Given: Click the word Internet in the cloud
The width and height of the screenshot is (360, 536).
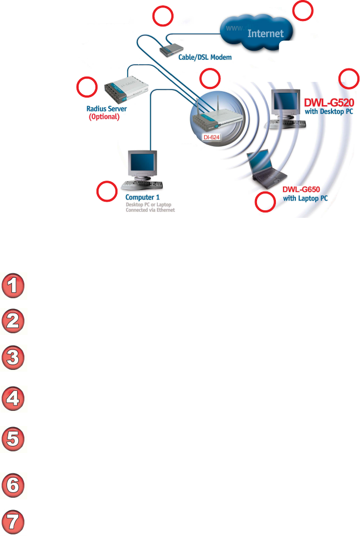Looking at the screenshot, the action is click(265, 33).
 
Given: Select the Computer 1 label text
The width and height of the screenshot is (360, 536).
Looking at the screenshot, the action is click(142, 198).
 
